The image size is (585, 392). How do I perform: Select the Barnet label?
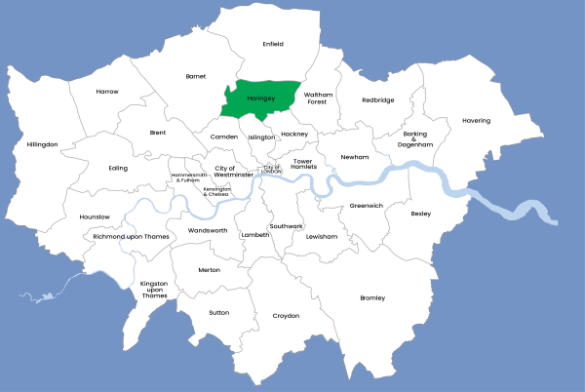(195, 75)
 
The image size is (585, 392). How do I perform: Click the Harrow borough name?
(107, 92)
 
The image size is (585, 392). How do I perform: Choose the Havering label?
(476, 121)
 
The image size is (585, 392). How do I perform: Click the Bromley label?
(372, 297)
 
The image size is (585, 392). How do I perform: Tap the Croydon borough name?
(286, 316)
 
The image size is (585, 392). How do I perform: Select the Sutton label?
(218, 313)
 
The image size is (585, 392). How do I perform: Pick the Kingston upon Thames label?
(154, 290)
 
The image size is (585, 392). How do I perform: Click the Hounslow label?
(95, 216)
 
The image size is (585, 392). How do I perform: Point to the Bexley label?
(420, 213)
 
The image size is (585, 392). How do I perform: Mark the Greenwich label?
(367, 206)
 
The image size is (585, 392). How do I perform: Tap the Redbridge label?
(378, 99)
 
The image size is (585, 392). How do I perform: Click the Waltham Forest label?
(318, 98)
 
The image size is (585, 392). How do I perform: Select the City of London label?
(270, 169)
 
